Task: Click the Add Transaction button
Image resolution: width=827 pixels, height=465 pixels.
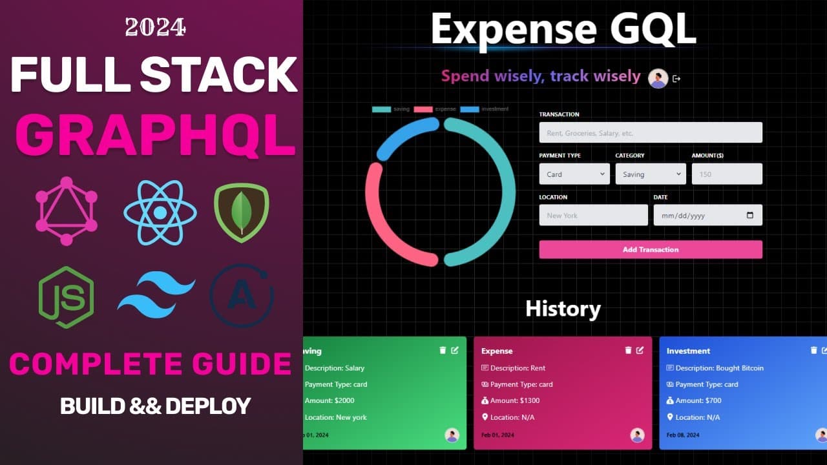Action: [x=651, y=249]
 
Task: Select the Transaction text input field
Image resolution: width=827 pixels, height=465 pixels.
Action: [x=651, y=132]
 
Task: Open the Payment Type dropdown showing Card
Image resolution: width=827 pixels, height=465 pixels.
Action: [x=574, y=174]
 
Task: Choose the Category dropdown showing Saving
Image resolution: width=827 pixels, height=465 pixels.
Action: [x=651, y=174]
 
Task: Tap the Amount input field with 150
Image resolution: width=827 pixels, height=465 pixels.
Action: [x=727, y=174]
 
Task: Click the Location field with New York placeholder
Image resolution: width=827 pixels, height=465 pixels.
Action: [x=593, y=215]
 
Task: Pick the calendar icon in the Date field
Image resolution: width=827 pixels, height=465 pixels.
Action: [x=750, y=215]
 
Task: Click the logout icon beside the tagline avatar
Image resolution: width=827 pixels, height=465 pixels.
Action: [x=676, y=79]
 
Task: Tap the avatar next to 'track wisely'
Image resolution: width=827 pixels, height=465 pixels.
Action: [x=658, y=78]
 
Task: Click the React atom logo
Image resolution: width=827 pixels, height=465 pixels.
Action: [x=160, y=211]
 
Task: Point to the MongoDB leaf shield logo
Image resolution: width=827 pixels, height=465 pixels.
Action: [x=242, y=212]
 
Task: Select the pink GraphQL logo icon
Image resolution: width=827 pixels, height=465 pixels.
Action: [x=67, y=211]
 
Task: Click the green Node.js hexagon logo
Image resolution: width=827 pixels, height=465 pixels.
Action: [x=66, y=298]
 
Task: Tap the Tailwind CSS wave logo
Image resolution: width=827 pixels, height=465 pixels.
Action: [x=156, y=294]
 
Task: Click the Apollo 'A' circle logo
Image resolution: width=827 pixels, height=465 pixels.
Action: [x=242, y=296]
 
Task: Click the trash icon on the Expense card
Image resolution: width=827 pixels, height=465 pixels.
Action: [x=628, y=350]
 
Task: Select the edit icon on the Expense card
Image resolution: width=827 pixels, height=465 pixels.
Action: [x=640, y=350]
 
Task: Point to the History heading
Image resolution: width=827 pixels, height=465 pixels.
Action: [x=563, y=309]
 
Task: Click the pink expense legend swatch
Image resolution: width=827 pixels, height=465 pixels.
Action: [x=423, y=109]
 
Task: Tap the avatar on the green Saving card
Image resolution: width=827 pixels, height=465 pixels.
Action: [x=452, y=435]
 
